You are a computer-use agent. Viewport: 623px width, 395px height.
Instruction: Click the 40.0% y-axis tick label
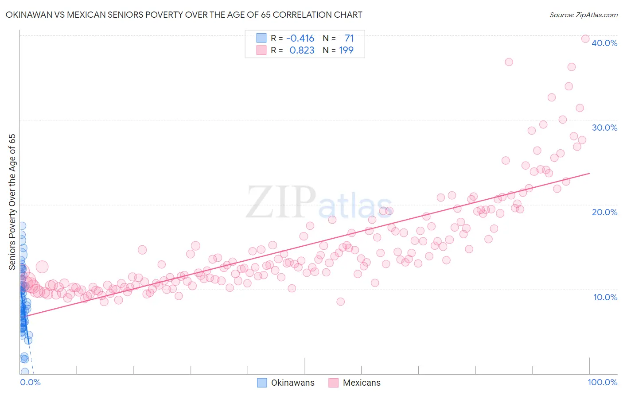pyautogui.click(x=604, y=43)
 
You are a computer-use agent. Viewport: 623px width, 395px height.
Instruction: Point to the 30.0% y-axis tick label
pyautogui.click(x=604, y=128)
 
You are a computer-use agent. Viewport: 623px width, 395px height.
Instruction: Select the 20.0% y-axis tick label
pyautogui.click(x=604, y=212)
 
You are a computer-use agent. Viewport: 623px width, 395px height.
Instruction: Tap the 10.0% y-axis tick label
pyautogui.click(x=605, y=297)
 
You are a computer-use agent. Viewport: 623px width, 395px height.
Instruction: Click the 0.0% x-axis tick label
pyautogui.click(x=30, y=382)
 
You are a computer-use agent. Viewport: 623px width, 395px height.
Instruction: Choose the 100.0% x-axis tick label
pyautogui.click(x=602, y=382)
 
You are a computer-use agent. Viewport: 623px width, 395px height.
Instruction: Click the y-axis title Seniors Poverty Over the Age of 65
pyautogui.click(x=12, y=202)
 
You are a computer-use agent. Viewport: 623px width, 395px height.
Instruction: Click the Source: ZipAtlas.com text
pyautogui.click(x=583, y=15)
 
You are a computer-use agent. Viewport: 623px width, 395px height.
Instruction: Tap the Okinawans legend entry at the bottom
pyautogui.click(x=286, y=383)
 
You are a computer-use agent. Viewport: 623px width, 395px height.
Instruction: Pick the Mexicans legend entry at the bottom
pyautogui.click(x=354, y=383)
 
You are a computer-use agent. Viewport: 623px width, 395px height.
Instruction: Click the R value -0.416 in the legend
pyautogui.click(x=300, y=38)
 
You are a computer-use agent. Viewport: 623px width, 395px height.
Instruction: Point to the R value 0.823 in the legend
pyautogui.click(x=302, y=50)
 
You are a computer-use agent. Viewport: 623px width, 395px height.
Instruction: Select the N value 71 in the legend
pyautogui.click(x=349, y=38)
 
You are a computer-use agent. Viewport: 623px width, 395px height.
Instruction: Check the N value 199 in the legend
pyautogui.click(x=346, y=50)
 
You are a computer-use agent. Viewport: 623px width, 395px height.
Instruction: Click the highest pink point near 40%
pyautogui.click(x=585, y=39)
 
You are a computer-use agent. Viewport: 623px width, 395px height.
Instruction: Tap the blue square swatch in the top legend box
pyautogui.click(x=261, y=38)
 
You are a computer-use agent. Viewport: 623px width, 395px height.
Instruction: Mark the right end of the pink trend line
pyautogui.click(x=589, y=173)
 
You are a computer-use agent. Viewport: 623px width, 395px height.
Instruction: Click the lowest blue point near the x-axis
pyautogui.click(x=25, y=372)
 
